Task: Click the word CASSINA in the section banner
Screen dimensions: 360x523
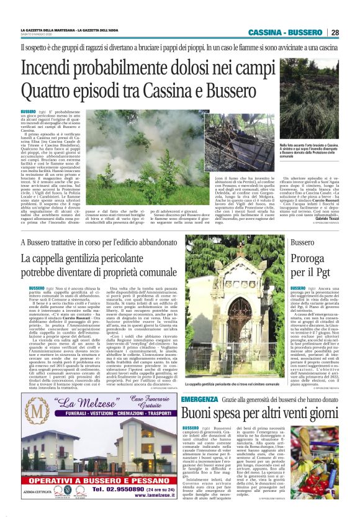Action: [x=265, y=33]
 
